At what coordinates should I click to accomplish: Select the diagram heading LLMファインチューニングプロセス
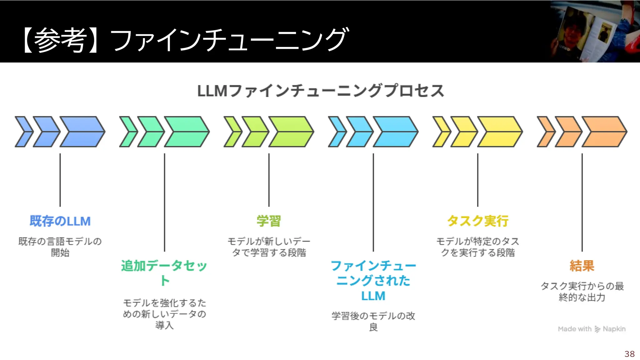(x=320, y=91)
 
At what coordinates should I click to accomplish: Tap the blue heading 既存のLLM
(x=60, y=221)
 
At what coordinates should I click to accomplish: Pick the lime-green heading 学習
(x=269, y=221)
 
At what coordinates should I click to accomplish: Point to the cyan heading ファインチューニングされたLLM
(x=373, y=280)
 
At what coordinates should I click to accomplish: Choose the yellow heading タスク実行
(x=477, y=221)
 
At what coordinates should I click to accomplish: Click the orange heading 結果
(x=582, y=266)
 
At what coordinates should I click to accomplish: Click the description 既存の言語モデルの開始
(x=60, y=247)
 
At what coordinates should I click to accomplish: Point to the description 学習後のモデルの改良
(x=373, y=321)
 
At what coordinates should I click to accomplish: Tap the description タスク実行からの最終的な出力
(x=582, y=291)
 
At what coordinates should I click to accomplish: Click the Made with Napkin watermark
(x=592, y=329)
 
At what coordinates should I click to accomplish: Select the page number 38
(x=629, y=354)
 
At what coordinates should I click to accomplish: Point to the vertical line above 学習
(x=269, y=180)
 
